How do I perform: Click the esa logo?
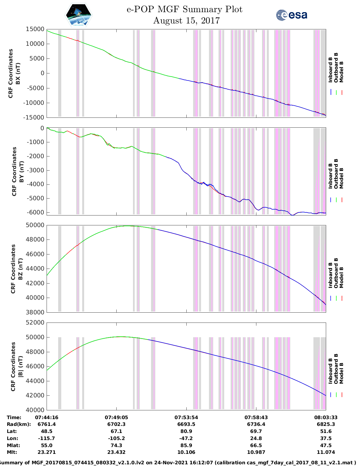(x=292, y=15)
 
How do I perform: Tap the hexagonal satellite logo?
(x=79, y=15)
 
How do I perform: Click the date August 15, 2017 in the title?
(x=186, y=21)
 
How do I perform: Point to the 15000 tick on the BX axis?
(x=35, y=29)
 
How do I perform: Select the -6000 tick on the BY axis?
(x=35, y=212)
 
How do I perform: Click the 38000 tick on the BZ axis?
(x=35, y=312)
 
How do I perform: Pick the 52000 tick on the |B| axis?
(x=35, y=323)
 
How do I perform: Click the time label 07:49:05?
(x=116, y=417)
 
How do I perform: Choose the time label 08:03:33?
(x=326, y=417)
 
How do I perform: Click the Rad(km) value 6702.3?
(x=116, y=424)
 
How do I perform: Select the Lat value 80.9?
(x=186, y=431)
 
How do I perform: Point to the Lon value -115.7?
(x=47, y=438)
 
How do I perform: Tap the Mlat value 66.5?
(x=256, y=445)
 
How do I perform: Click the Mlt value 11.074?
(x=326, y=452)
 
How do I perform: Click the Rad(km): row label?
(x=19, y=424)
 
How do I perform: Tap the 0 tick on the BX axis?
(x=42, y=73)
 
